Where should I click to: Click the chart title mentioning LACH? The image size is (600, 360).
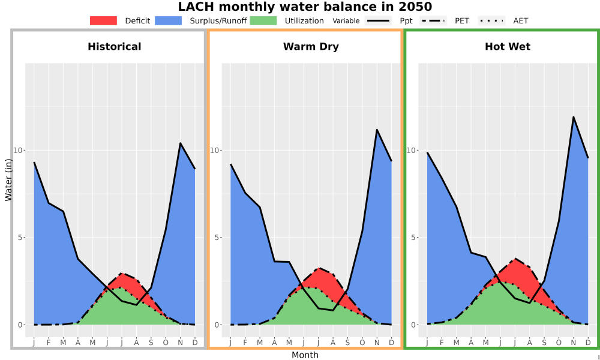(305, 7)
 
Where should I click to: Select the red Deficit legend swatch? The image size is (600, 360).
(103, 20)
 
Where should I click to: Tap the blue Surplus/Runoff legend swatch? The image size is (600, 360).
(169, 20)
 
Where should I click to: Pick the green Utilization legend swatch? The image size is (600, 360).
(263, 20)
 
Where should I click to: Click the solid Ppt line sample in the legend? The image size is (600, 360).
(378, 20)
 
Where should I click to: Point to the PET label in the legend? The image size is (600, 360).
(462, 20)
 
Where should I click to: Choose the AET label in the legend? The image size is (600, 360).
(520, 20)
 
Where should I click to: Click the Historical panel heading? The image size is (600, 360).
(115, 47)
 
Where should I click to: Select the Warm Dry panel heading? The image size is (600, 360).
(311, 47)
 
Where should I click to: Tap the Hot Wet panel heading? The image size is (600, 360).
(508, 47)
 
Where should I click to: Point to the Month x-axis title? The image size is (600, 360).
(305, 355)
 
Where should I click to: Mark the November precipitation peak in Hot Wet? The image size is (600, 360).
(573, 116)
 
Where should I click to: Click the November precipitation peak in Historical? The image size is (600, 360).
(180, 143)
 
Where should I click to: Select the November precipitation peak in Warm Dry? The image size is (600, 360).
(377, 130)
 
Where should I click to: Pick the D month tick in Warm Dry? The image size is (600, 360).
(391, 343)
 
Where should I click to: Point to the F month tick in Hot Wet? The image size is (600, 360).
(442, 343)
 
